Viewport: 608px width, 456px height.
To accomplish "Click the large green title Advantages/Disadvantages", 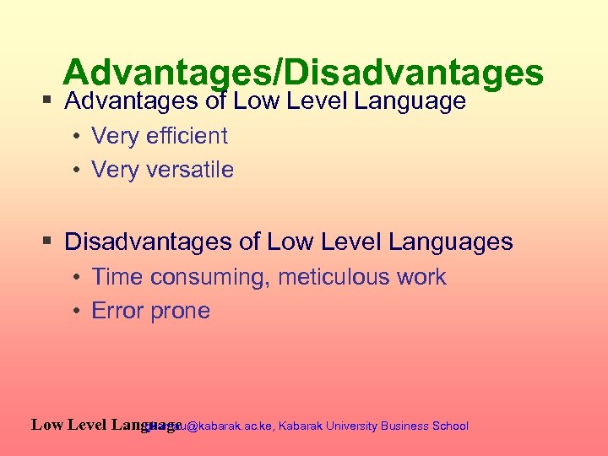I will coord(302,73).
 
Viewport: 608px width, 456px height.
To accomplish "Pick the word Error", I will coord(118,311).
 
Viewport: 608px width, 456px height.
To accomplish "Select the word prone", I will coord(181,312).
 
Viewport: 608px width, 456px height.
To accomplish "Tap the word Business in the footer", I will coord(404,426).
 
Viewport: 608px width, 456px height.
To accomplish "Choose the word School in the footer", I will coord(450,426).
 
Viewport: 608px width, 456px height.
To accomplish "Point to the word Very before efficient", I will coord(115,135).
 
